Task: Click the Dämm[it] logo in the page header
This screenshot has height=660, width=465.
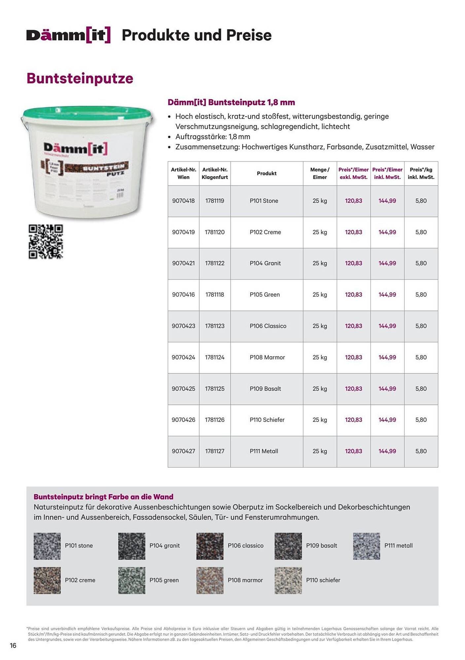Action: point(68,35)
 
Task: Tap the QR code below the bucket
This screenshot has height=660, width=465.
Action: point(46,242)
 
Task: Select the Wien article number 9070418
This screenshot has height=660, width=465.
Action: point(183,201)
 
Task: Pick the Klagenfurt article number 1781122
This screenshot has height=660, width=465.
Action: point(215,263)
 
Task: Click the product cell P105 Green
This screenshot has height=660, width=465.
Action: point(265,295)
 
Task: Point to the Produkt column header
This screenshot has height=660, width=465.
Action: point(267,173)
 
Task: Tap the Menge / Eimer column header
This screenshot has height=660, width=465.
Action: point(320,173)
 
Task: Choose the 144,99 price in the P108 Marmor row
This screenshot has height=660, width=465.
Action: point(387,357)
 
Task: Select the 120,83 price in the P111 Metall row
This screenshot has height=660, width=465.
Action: point(353,451)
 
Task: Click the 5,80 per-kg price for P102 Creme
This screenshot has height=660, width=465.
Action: point(421,232)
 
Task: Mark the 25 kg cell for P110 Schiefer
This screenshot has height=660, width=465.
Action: point(320,420)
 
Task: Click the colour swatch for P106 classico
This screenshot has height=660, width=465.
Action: point(210,546)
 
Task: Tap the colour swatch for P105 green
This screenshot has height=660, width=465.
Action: point(131,580)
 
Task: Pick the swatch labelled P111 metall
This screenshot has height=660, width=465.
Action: point(366,546)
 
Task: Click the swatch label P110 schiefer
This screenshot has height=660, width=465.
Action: point(323,580)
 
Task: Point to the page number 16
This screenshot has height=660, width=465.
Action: point(13,645)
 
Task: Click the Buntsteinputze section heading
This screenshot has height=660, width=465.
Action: point(80,79)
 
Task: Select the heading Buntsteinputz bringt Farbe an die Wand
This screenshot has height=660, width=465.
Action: point(103,497)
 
